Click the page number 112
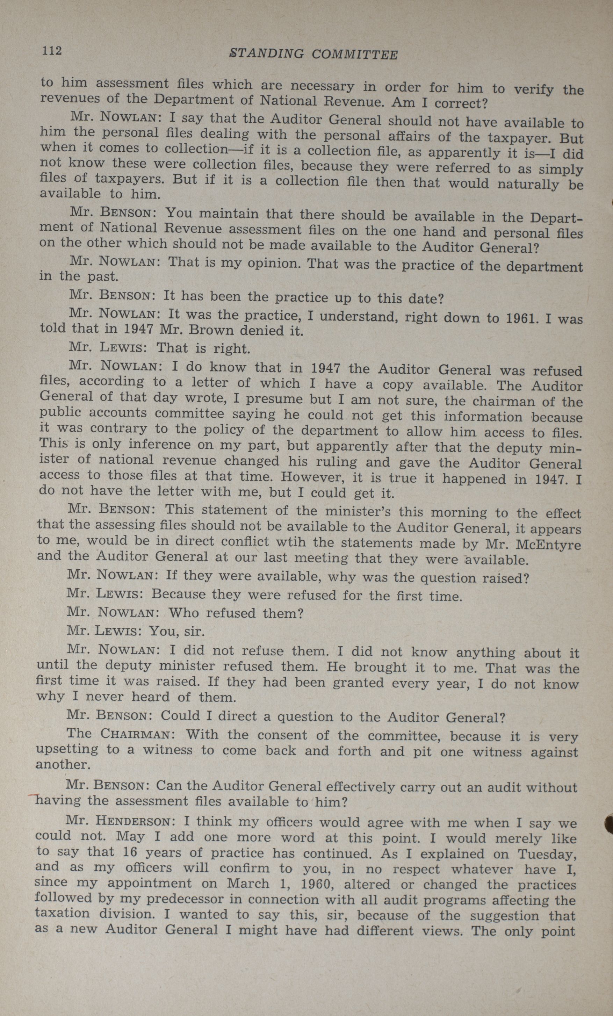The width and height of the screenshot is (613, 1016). pos(51,50)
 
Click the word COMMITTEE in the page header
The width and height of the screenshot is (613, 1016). pos(354,55)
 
